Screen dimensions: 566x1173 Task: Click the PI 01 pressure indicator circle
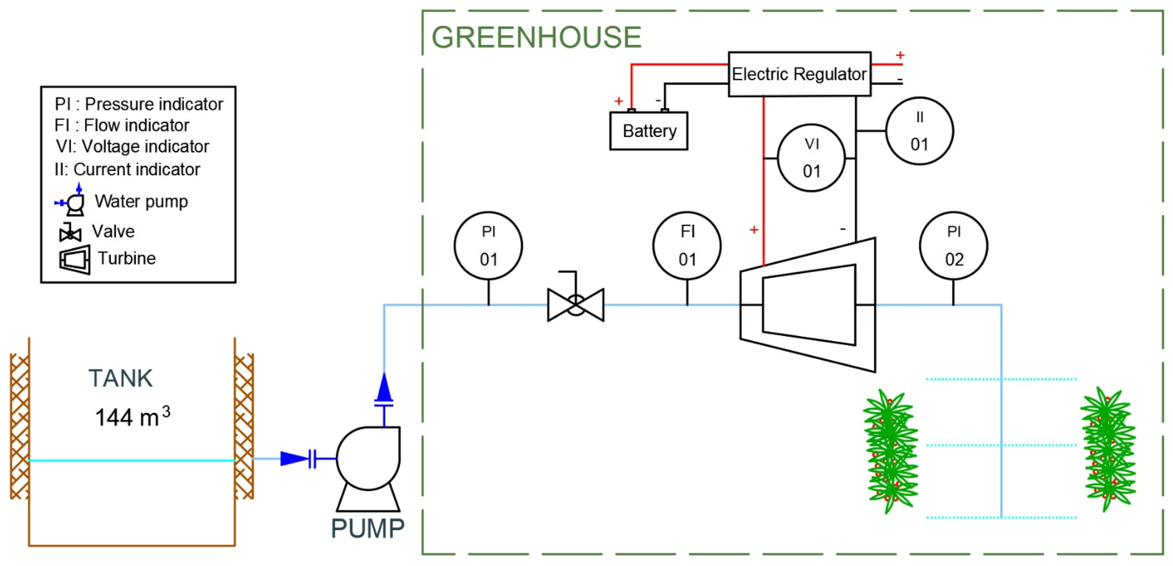click(488, 246)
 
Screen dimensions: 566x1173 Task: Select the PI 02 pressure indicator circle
click(953, 246)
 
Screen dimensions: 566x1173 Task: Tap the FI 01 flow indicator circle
click(687, 246)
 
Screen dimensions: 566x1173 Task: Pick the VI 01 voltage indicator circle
click(811, 158)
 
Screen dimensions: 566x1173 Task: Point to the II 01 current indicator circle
click(920, 131)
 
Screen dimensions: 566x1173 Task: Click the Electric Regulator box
click(799, 74)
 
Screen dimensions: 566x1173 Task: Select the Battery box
click(648, 131)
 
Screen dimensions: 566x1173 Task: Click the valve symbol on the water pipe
click(575, 304)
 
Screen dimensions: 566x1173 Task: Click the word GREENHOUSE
click(536, 37)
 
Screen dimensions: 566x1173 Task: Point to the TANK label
click(121, 379)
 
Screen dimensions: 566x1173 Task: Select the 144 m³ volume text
click(132, 417)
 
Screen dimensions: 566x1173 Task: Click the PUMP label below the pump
click(367, 529)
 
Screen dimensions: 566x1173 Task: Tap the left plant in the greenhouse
click(890, 451)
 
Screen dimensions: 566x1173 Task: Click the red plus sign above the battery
click(618, 101)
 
